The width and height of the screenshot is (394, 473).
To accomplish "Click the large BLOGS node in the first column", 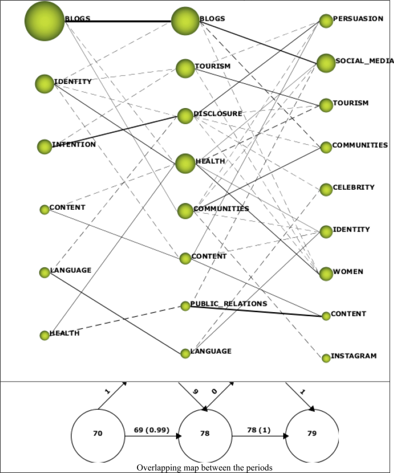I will pyautogui.click(x=44, y=21).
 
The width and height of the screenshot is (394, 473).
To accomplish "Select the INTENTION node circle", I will pyautogui.click(x=44, y=147).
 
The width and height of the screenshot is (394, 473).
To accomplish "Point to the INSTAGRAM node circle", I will pyautogui.click(x=326, y=358).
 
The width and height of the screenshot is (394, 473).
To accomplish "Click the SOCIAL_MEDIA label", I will pyautogui.click(x=364, y=61).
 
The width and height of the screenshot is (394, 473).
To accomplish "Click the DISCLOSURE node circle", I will pyautogui.click(x=185, y=116).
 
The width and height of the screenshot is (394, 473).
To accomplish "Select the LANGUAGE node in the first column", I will pyautogui.click(x=44, y=272).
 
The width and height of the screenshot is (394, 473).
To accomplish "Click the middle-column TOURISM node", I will pyautogui.click(x=185, y=68).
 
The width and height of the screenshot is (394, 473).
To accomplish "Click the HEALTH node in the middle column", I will pyautogui.click(x=185, y=163).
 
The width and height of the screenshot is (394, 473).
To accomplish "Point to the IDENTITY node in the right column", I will pyautogui.click(x=326, y=232).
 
